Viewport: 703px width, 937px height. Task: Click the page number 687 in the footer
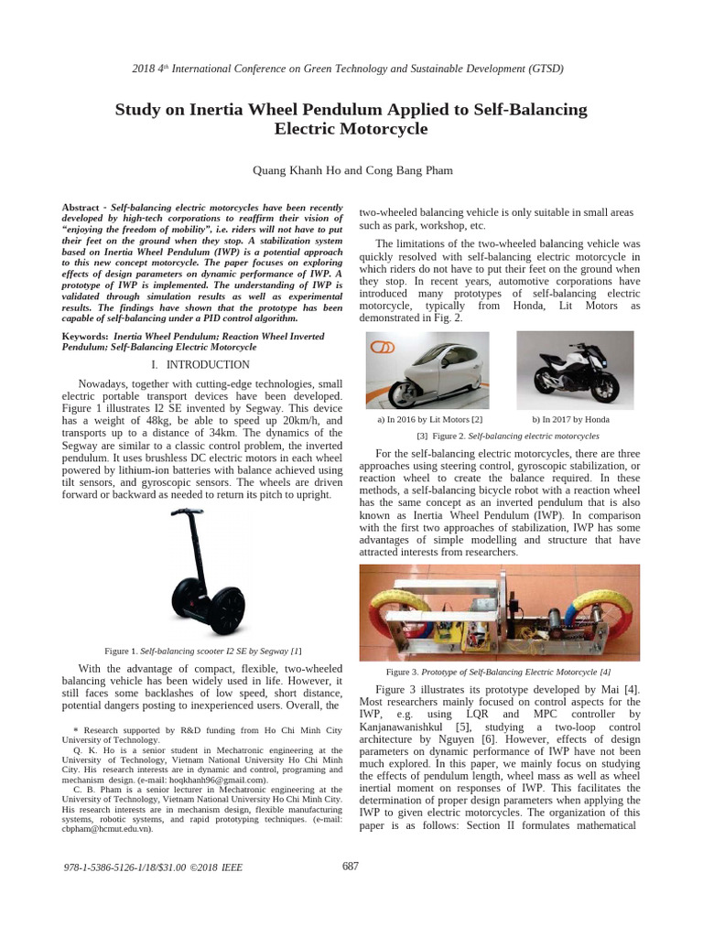tap(351, 866)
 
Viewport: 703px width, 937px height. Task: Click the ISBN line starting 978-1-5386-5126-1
tap(154, 867)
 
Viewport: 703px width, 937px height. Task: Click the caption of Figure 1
tap(203, 651)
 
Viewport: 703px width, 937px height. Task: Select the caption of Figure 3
tap(499, 671)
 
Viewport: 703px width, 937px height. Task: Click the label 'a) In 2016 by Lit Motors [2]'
tap(429, 419)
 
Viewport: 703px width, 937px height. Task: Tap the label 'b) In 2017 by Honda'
tap(570, 419)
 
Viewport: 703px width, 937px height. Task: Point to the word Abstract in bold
tap(81, 209)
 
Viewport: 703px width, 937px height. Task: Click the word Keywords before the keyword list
tap(85, 337)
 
